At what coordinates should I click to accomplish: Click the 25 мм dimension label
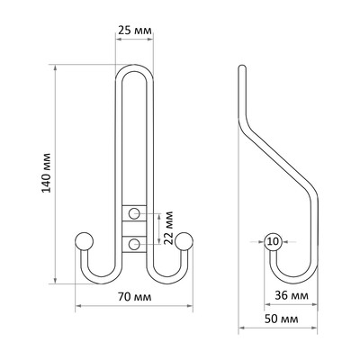135,30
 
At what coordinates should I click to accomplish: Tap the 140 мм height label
47,173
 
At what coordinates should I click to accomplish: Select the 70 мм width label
135,297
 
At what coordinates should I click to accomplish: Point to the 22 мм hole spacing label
169,228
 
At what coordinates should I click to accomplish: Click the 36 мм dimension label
292,295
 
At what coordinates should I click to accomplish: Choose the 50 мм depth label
282,319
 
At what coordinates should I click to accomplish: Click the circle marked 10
273,241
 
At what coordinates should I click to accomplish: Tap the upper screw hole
134,213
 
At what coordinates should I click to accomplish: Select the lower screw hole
134,244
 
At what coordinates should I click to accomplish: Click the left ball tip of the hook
84,241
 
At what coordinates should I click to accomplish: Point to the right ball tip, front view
184,241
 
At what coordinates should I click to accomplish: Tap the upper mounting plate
134,213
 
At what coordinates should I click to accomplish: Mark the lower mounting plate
134,245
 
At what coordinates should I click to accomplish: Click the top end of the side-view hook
242,67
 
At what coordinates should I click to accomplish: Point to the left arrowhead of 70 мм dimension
78,306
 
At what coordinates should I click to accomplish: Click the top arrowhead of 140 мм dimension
55,67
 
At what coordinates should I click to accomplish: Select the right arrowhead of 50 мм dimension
314,328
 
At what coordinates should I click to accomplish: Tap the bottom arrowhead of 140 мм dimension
55,280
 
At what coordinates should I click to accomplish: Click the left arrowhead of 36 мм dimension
267,304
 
